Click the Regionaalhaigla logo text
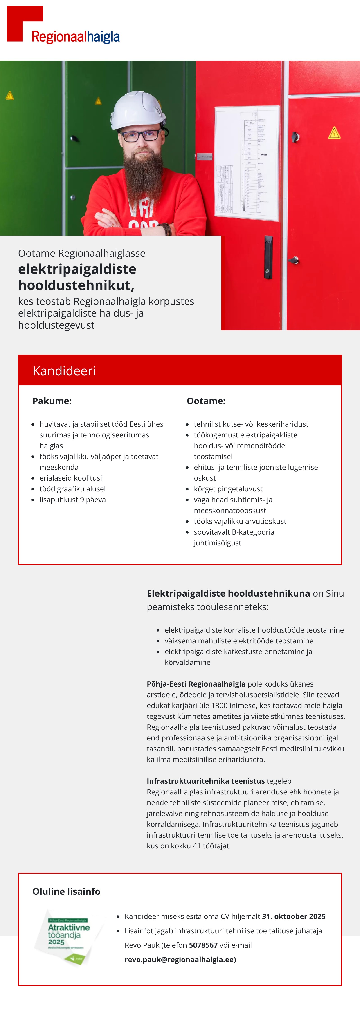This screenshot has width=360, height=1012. coord(75,37)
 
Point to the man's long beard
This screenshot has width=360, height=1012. coord(144,173)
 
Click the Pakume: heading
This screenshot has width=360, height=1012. coord(52,401)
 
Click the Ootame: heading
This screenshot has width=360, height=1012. coord(206,401)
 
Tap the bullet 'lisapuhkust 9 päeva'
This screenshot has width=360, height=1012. coord(73,500)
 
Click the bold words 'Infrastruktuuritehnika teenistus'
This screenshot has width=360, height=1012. coord(206,781)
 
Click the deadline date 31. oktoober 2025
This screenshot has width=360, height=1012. coord(294,916)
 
